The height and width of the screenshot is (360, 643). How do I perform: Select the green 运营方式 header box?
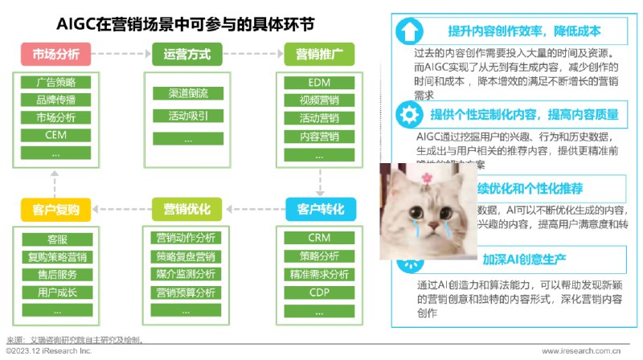pos(186,55)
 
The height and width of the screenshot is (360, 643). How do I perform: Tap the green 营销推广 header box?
pos(319,55)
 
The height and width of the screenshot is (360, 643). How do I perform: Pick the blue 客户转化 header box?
pos(319,210)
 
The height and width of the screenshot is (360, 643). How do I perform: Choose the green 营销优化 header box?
pos(186,210)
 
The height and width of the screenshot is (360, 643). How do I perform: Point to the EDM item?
pos(319,83)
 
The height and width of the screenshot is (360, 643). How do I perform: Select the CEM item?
pos(55,135)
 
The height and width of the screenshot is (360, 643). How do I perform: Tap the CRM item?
pos(319,239)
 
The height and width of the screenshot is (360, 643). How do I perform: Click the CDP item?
pos(319,292)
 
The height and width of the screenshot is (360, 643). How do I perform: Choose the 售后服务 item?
pos(55,275)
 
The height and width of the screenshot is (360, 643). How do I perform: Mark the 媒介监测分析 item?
pos(186,275)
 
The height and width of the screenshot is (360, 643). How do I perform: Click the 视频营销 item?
pos(319,100)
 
